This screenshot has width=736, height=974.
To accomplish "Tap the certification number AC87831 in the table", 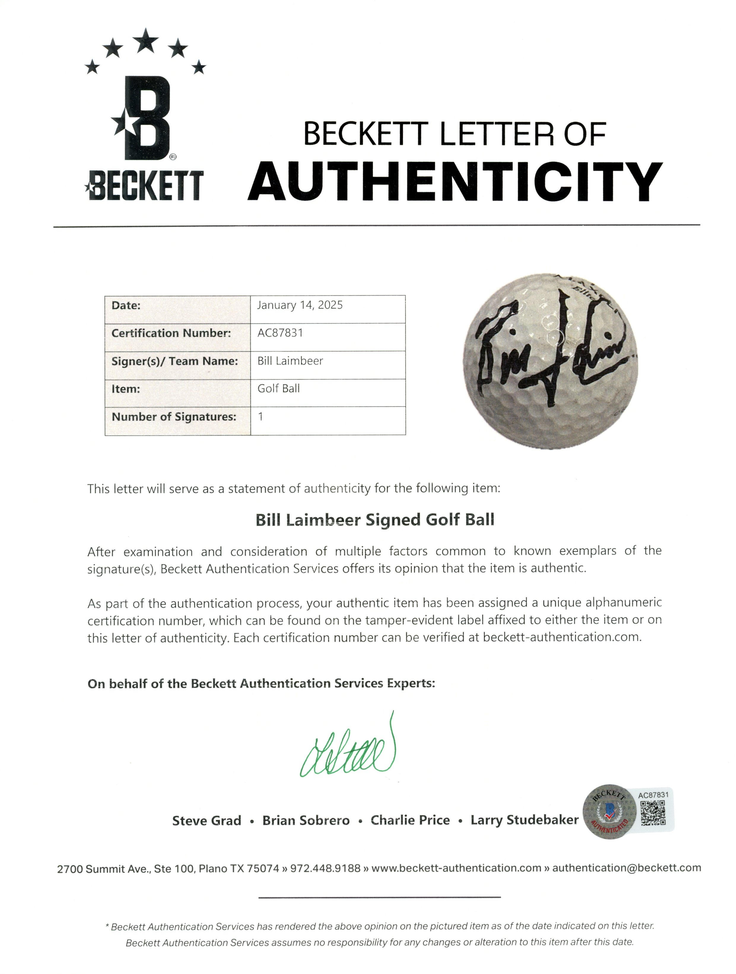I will [280, 333].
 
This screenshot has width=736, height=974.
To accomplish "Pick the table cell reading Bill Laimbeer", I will [290, 361].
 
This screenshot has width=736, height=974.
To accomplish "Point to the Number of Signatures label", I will [174, 417].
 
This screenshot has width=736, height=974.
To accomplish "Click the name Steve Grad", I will [206, 821].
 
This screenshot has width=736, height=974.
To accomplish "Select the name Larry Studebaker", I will [524, 820].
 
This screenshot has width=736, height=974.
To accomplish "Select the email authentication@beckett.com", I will [626, 868].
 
